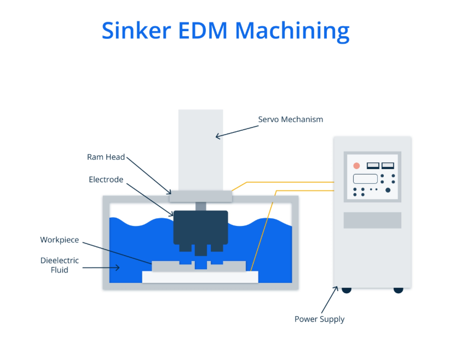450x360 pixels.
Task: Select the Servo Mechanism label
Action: tap(291, 119)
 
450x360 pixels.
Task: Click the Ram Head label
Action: tap(106, 157)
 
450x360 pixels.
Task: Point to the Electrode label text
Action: tap(106, 179)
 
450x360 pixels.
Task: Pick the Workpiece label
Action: tap(60, 240)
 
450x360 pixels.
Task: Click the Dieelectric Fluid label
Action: tap(60, 265)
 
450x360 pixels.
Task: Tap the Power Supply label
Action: tap(320, 319)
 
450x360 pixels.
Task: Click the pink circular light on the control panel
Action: tap(356, 165)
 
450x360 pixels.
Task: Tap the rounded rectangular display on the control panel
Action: tap(365, 178)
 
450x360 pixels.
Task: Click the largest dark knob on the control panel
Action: tap(388, 190)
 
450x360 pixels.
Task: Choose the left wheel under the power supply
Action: tap(347, 289)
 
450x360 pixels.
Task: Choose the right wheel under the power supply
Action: tap(398, 289)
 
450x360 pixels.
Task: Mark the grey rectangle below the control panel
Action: tap(372, 220)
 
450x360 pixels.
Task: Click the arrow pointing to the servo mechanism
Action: tap(236, 131)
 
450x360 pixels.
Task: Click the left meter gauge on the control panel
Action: tap(373, 165)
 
